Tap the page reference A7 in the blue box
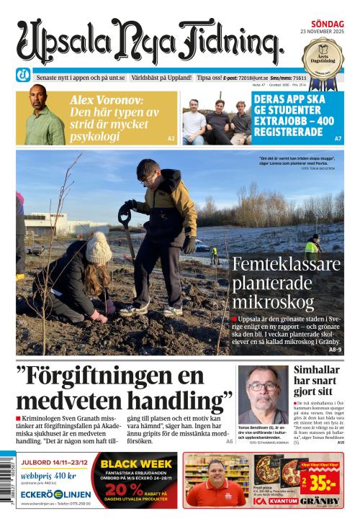[x=338, y=137]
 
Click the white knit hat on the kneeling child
[x=98, y=248]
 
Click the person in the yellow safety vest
[x=311, y=249]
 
